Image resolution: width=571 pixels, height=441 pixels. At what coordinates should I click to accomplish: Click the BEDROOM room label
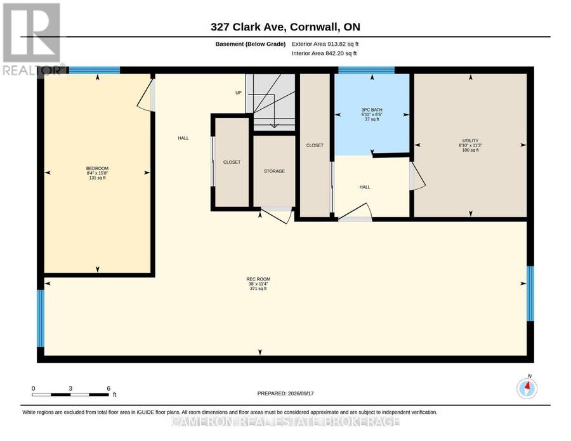click(97, 168)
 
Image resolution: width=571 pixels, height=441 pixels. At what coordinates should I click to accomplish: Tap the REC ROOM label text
click(258, 279)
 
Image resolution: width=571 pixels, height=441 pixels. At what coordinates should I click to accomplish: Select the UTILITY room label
click(471, 141)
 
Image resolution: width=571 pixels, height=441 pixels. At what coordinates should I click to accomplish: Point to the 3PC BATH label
click(372, 110)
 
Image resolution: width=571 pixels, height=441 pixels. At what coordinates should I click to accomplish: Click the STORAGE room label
click(274, 171)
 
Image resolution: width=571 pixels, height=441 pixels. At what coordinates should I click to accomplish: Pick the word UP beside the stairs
click(239, 93)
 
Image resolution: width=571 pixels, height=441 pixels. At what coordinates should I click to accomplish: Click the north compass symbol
click(527, 388)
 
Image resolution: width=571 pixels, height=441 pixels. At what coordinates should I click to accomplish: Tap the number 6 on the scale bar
click(108, 388)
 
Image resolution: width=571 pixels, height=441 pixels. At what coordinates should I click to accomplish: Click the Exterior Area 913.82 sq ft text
click(325, 44)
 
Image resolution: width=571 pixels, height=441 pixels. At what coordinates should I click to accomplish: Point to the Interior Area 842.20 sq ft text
click(324, 53)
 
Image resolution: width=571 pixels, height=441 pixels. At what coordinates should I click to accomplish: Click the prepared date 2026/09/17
click(301, 393)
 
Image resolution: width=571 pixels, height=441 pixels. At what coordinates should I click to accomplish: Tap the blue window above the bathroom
click(366, 70)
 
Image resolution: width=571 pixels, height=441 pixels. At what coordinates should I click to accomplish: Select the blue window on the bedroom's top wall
click(95, 70)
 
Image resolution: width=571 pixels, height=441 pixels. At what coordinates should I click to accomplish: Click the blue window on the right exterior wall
click(530, 294)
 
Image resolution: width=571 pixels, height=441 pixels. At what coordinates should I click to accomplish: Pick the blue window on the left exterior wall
click(41, 319)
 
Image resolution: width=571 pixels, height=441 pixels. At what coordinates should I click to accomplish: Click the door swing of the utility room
click(419, 176)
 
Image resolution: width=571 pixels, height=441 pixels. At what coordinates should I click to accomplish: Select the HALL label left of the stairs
click(183, 138)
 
